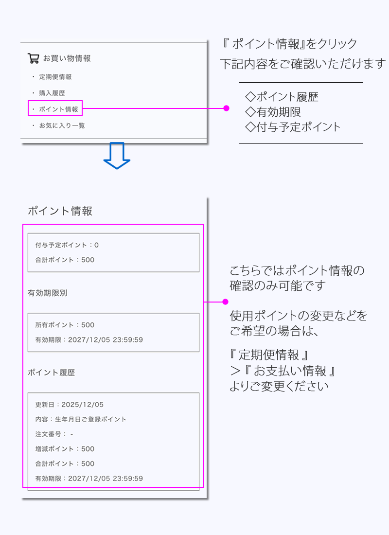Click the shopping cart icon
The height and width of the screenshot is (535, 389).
click(x=33, y=58)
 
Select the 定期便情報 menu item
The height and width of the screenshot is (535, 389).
click(x=55, y=77)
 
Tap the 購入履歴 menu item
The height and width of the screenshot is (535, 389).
click(x=52, y=93)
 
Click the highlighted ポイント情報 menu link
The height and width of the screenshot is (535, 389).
click(x=58, y=109)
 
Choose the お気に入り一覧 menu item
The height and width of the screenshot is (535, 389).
click(x=62, y=125)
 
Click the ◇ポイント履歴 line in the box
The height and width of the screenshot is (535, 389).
click(x=282, y=97)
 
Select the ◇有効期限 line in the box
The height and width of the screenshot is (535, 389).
click(x=273, y=112)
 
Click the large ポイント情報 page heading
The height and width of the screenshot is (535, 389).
click(x=60, y=211)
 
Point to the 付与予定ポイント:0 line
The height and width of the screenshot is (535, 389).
click(x=67, y=245)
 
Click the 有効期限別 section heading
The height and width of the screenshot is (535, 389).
click(x=48, y=293)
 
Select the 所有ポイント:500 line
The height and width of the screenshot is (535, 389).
click(x=65, y=325)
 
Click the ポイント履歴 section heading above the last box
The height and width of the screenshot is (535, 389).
click(x=52, y=373)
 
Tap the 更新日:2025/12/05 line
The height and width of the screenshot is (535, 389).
click(x=70, y=405)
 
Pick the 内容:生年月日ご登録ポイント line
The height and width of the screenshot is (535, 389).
click(x=81, y=419)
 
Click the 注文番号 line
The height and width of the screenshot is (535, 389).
click(x=54, y=434)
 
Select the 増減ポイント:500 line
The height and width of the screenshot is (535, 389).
click(x=65, y=448)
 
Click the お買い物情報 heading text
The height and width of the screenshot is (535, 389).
click(x=67, y=58)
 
